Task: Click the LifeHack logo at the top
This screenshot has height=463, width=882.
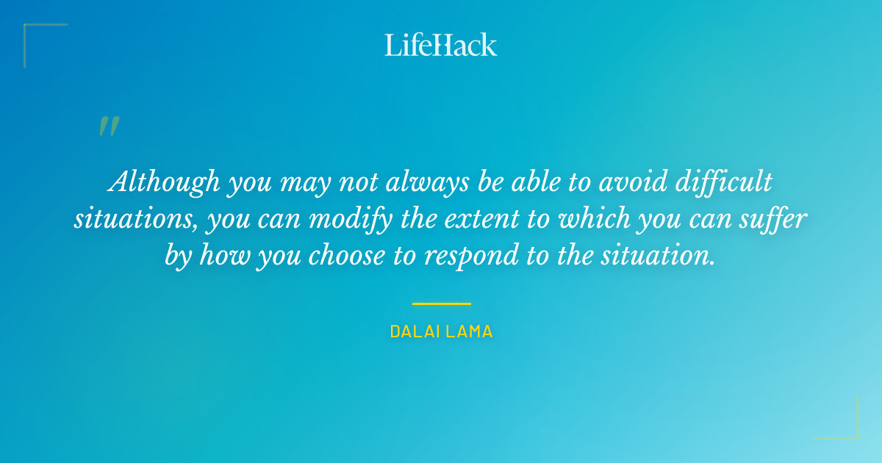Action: coord(441,45)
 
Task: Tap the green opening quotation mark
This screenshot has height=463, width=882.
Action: coord(109,126)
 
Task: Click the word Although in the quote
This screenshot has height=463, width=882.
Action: coord(164,182)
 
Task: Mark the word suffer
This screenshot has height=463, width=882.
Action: coord(775,219)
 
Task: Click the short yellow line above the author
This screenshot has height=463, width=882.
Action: coord(441,303)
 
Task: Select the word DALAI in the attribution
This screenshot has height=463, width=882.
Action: coord(413,332)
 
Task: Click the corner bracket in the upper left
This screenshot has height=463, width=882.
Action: coord(33,33)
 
